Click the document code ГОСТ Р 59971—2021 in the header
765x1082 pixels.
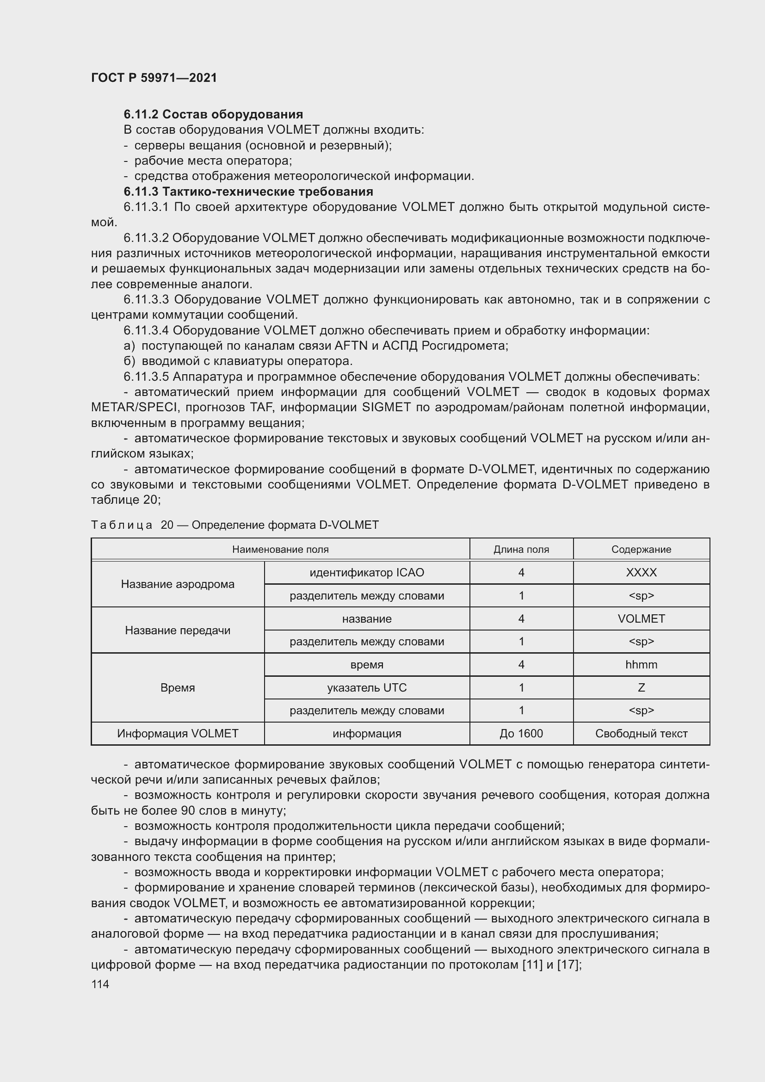(154, 78)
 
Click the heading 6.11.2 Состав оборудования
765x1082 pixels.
(213, 114)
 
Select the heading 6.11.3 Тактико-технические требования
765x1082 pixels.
(248, 192)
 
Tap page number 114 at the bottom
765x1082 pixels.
(100, 984)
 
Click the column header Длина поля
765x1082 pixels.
(521, 549)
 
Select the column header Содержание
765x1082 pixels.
(641, 549)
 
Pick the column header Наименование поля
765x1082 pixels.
(280, 549)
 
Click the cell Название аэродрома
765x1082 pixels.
(178, 584)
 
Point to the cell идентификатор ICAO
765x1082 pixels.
(366, 572)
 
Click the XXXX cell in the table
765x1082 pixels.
(641, 572)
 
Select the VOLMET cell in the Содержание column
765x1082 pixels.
(641, 618)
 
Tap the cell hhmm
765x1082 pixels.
(641, 664)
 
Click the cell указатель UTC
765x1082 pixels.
(366, 687)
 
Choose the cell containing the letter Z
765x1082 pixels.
(641, 687)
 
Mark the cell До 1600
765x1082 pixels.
(521, 733)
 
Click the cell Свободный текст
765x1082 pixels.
(641, 733)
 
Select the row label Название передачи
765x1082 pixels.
(178, 630)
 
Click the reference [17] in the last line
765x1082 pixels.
(568, 964)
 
